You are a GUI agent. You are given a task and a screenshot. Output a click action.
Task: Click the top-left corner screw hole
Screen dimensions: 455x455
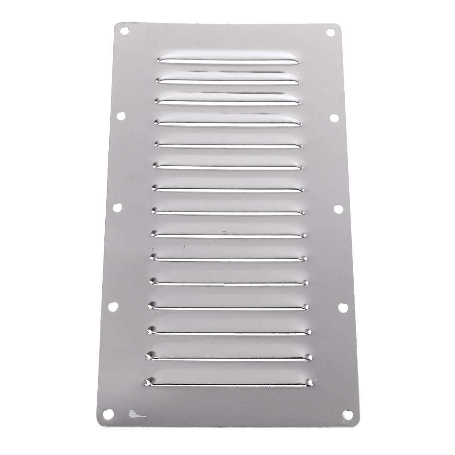124,31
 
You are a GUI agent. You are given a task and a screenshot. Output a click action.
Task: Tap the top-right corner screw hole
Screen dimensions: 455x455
330,32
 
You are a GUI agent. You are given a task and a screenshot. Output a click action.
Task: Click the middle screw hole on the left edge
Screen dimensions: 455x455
117,207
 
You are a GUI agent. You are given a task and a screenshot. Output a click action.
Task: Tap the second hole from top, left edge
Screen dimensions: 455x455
121,116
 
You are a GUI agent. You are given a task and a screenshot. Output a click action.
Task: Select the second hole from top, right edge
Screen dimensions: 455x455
334,118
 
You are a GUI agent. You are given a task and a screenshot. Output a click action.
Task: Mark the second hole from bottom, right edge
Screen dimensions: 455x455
343,307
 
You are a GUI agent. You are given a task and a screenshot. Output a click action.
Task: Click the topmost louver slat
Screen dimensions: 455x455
227,60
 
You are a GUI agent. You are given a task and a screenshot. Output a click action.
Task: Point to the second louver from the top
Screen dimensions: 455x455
227,80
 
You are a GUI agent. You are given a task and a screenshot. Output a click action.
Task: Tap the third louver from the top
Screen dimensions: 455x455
227,101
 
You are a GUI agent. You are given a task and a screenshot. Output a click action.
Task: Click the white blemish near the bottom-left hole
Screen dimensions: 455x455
135,415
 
